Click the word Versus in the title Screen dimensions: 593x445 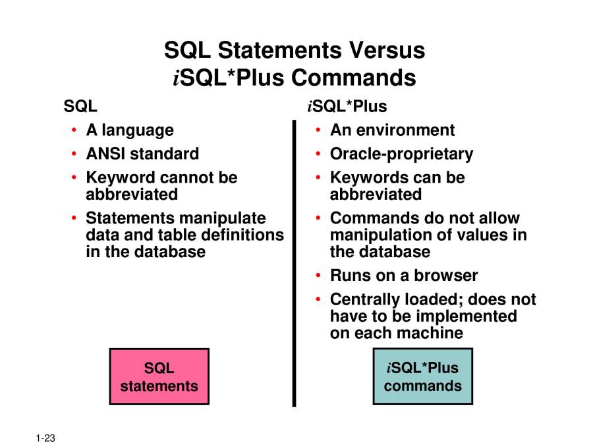tap(387, 50)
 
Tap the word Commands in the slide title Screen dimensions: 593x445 tap(354, 78)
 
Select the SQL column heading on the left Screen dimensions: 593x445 tap(80, 106)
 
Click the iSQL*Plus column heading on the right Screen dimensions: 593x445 tap(347, 106)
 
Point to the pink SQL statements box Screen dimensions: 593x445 tap(159, 376)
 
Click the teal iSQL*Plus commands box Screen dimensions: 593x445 tap(423, 376)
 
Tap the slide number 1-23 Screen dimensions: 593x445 tap(45, 438)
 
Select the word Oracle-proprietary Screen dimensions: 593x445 tap(402, 154)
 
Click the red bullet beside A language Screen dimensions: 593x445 tap(74, 131)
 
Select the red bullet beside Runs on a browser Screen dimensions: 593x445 tap(318, 276)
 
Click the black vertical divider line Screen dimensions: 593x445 tap(295, 263)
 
